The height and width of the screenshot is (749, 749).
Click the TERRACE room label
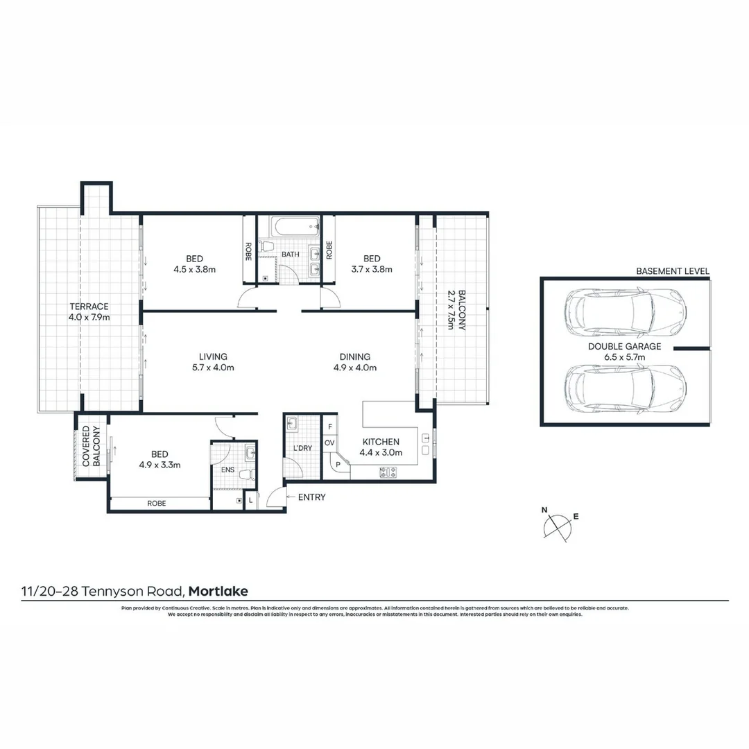(x=88, y=307)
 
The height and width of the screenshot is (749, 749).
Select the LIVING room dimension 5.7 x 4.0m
(x=213, y=368)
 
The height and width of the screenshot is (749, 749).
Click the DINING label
(x=355, y=357)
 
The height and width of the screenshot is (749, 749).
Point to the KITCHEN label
(x=379, y=442)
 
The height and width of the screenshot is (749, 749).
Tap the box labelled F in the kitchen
(x=330, y=427)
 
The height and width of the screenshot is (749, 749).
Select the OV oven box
(x=330, y=443)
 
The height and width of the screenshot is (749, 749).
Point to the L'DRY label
(x=302, y=449)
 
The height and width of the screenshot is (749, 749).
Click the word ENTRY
(x=311, y=497)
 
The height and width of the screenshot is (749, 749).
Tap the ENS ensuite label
(x=227, y=470)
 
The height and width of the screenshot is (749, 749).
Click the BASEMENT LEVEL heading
(x=673, y=271)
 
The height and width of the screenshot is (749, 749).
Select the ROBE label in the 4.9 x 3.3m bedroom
(x=157, y=504)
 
